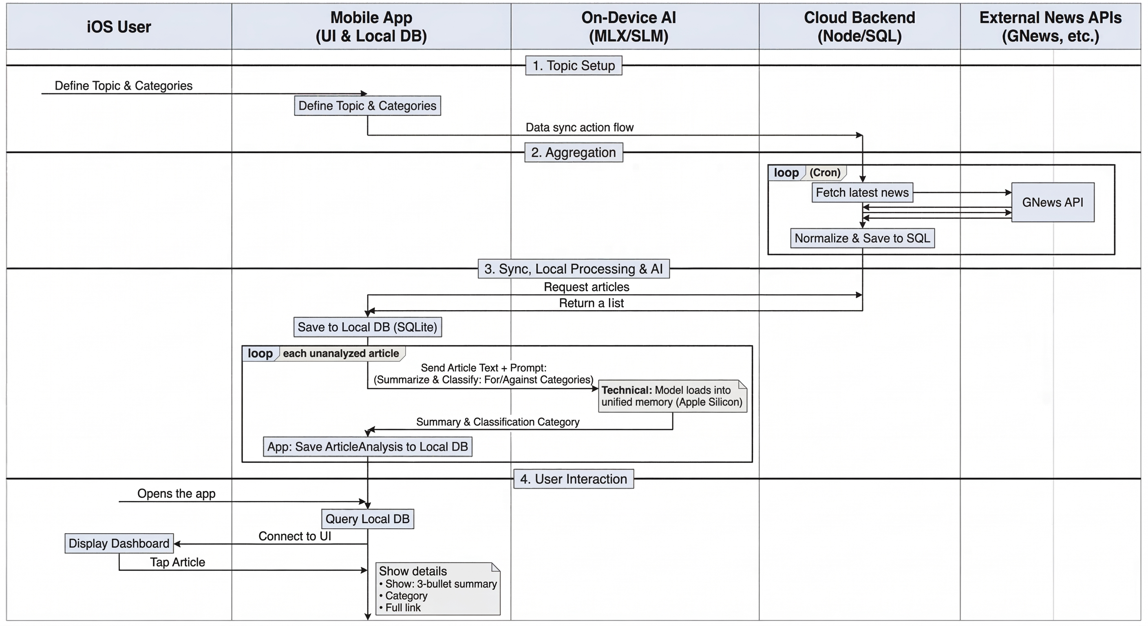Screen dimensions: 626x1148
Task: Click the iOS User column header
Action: coord(119,27)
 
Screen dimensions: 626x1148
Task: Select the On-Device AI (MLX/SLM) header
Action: coord(628,27)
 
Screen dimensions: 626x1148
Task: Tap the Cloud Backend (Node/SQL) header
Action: coord(859,27)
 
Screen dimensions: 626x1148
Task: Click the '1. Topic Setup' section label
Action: coord(574,66)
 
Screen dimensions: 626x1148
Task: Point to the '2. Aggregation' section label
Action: coord(574,152)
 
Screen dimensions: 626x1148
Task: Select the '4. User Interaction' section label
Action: coord(574,479)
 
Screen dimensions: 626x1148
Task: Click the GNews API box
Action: coord(1053,202)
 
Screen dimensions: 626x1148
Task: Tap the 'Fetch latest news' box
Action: coord(862,192)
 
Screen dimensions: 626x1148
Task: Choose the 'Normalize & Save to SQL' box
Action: coord(862,238)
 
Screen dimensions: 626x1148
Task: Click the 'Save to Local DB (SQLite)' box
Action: coord(367,327)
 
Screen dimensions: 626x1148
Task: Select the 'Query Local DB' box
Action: coord(367,519)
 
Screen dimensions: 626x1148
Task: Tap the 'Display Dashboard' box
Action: coord(119,543)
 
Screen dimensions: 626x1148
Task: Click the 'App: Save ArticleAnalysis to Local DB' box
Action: coord(367,446)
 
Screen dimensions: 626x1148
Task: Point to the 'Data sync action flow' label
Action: coord(579,128)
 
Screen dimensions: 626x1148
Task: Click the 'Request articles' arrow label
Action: coord(587,287)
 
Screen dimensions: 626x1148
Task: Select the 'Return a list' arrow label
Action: coord(591,303)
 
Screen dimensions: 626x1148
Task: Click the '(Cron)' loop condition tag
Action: coord(825,172)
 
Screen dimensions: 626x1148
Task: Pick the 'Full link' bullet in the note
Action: coord(402,607)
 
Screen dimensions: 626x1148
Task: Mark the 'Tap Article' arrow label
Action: coord(177,562)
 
